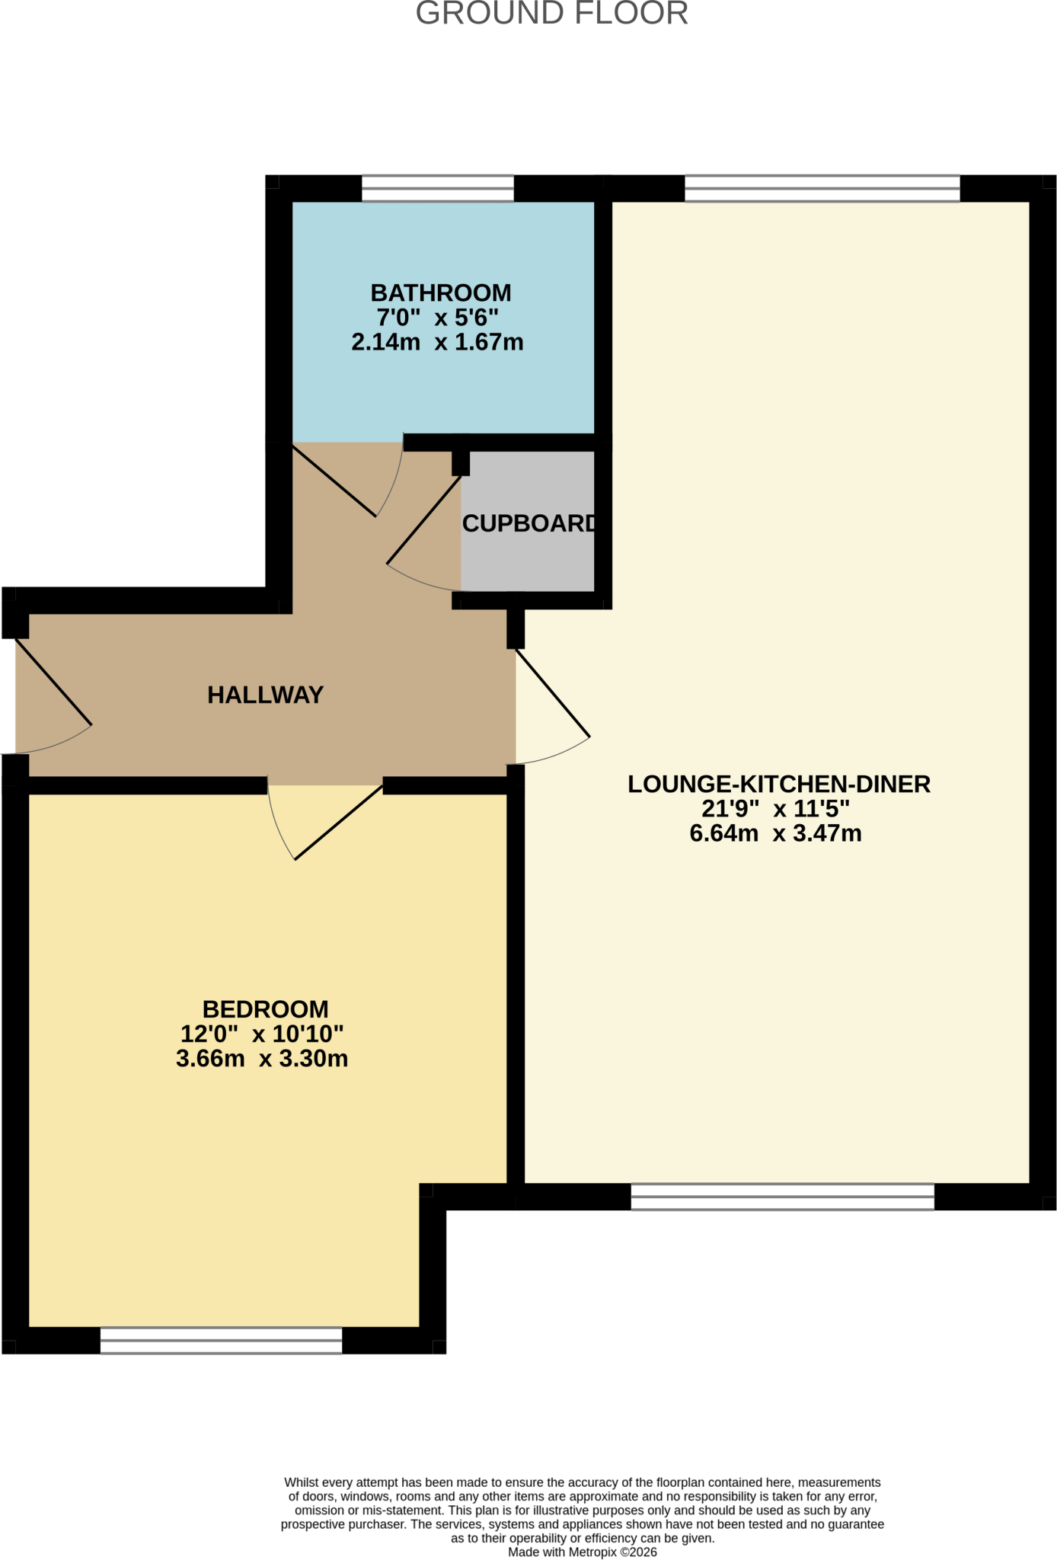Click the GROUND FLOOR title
pyautogui.click(x=552, y=14)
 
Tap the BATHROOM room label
pyautogui.click(x=441, y=293)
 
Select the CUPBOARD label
pyautogui.click(x=528, y=523)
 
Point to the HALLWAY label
pyautogui.click(x=266, y=695)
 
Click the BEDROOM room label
pyautogui.click(x=266, y=1009)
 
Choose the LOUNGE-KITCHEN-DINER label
pyautogui.click(x=779, y=784)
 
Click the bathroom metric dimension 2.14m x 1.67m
pyautogui.click(x=437, y=342)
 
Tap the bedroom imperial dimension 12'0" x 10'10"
pyautogui.click(x=262, y=1034)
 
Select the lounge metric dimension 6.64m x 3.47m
pyautogui.click(x=775, y=833)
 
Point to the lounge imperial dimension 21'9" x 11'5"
pyautogui.click(x=775, y=808)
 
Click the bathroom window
pyautogui.click(x=438, y=188)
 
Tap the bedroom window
pyautogui.click(x=221, y=1341)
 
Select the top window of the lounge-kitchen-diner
pyautogui.click(x=822, y=188)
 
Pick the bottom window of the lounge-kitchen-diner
pyautogui.click(x=783, y=1197)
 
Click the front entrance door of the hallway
pyautogui.click(x=53, y=682)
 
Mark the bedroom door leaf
pyautogui.click(x=339, y=822)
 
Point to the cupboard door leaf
pyautogui.click(x=424, y=520)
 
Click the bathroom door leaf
pyautogui.click(x=335, y=481)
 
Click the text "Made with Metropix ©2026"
pyautogui.click(x=583, y=1552)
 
